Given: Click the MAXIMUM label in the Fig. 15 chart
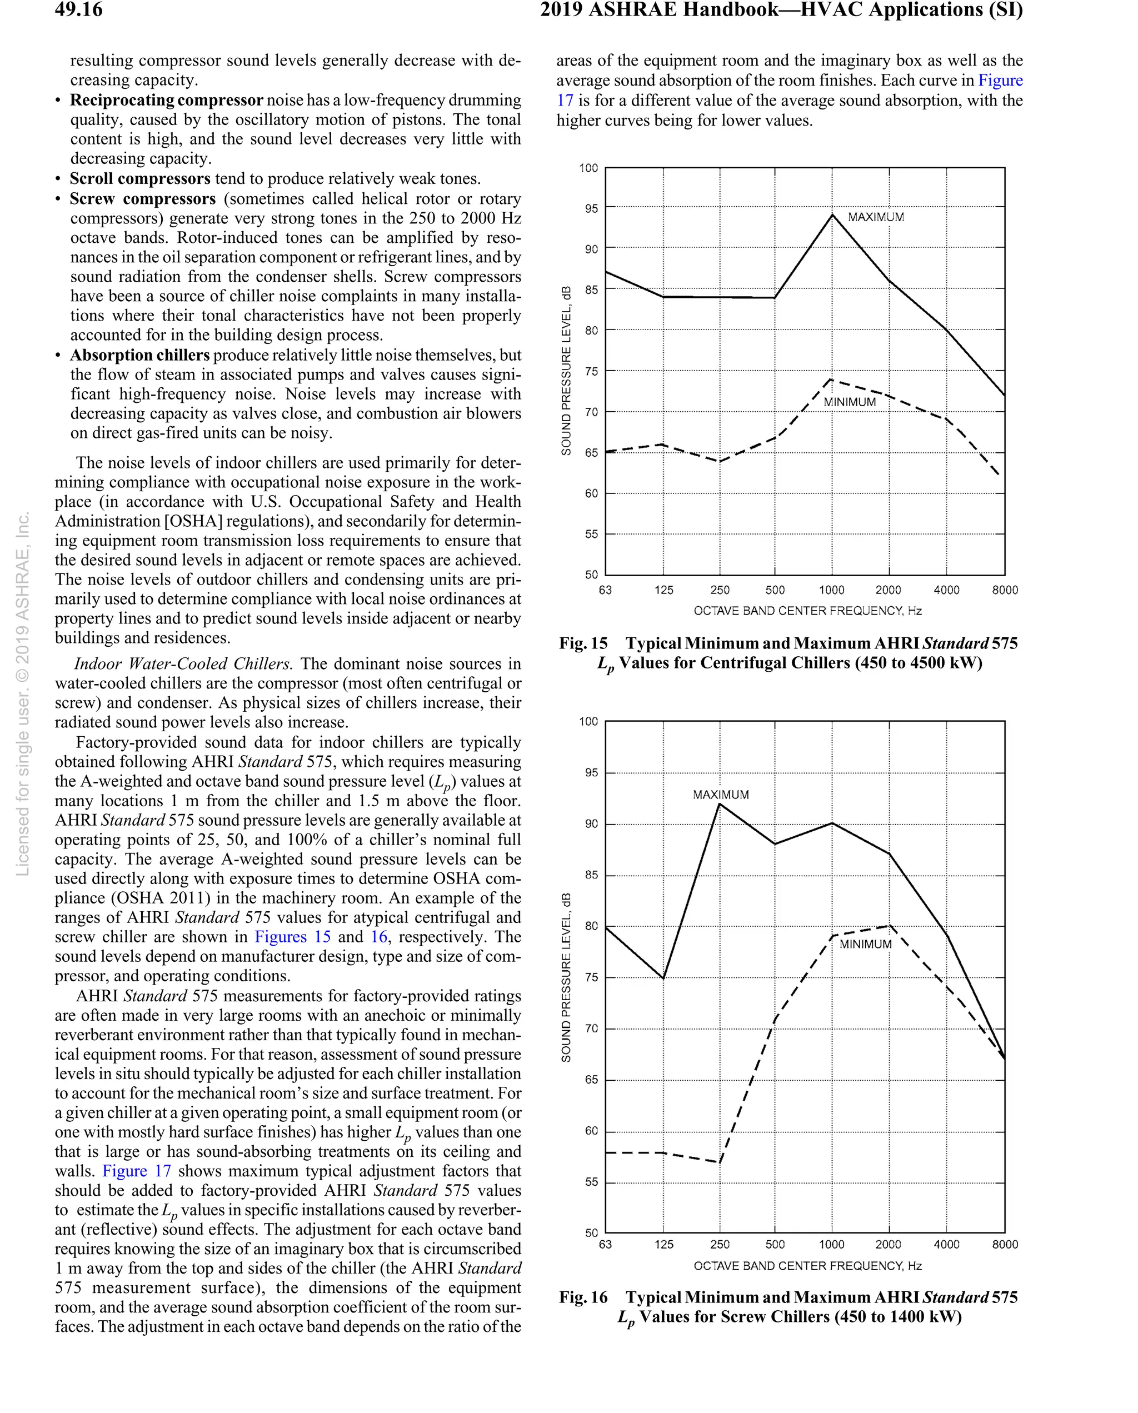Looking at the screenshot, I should click(875, 217).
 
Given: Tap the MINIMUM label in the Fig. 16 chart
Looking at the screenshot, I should click(865, 943).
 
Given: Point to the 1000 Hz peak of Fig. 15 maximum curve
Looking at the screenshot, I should click(832, 214).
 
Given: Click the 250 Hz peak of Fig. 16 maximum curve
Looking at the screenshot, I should click(720, 803).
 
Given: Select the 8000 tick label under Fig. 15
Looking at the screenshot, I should click(1004, 590).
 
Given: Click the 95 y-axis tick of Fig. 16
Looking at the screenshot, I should click(591, 773).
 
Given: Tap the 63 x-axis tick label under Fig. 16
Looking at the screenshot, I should click(605, 1244).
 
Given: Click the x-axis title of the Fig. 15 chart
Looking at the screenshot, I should click(807, 611).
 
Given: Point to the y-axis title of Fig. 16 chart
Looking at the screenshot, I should click(566, 976).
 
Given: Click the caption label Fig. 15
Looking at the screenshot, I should click(583, 643).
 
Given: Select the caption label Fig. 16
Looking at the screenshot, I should click(583, 1297).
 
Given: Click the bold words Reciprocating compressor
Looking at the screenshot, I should click(167, 100).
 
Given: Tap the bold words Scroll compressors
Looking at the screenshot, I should click(139, 179).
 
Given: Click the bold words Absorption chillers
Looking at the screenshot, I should click(139, 355).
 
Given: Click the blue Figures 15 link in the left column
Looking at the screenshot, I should click(292, 937).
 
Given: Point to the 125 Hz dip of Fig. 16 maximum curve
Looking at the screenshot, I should click(663, 978).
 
